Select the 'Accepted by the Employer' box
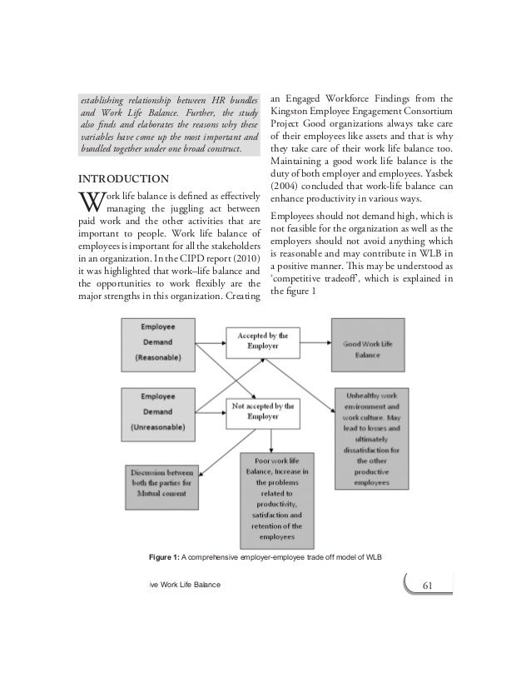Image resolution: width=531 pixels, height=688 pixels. (262, 341)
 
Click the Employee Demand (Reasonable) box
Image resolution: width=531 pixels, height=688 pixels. (157, 342)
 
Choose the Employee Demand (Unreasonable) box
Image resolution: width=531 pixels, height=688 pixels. (157, 411)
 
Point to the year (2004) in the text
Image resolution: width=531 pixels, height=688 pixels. (287, 185)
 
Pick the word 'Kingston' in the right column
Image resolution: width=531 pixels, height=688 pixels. (291, 111)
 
